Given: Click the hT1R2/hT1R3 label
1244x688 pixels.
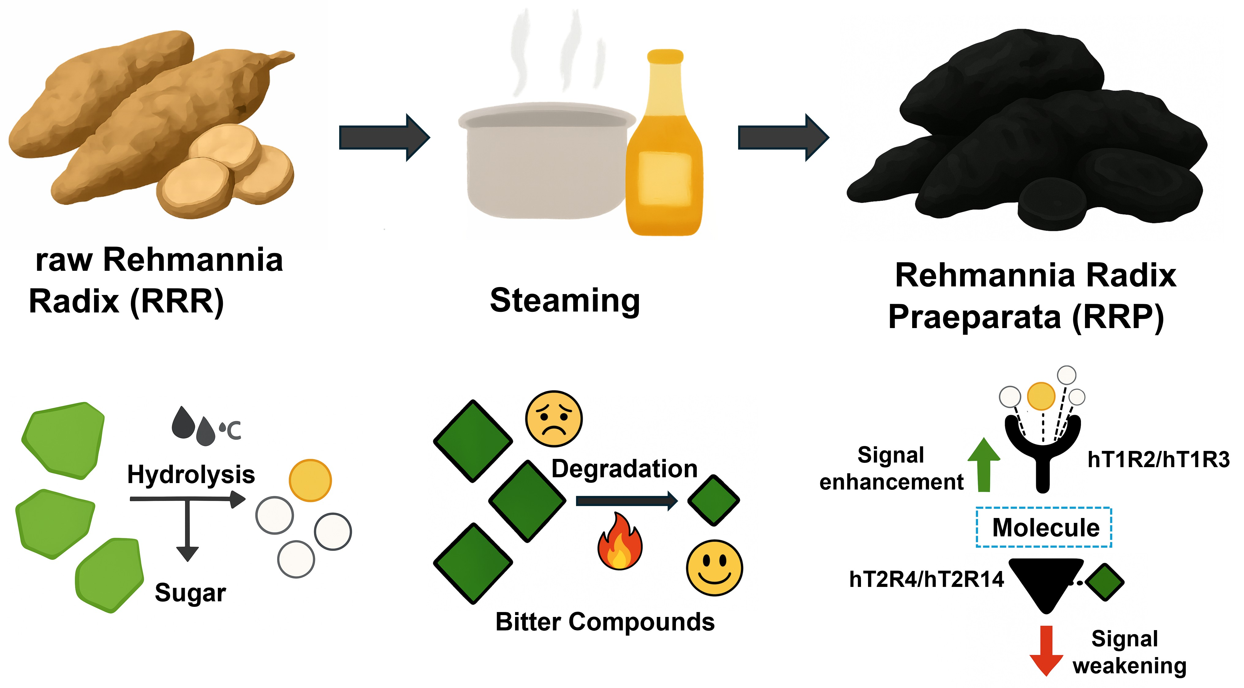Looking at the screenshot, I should (1158, 459).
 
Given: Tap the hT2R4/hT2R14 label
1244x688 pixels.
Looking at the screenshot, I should (926, 579).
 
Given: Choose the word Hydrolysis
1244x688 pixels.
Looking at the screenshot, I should (191, 474).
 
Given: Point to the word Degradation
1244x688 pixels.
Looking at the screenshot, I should (624, 469).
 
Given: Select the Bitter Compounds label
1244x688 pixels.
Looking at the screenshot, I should (605, 622).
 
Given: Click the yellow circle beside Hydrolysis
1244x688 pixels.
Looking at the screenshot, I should (310, 480).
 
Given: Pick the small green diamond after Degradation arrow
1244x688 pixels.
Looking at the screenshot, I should (713, 500).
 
